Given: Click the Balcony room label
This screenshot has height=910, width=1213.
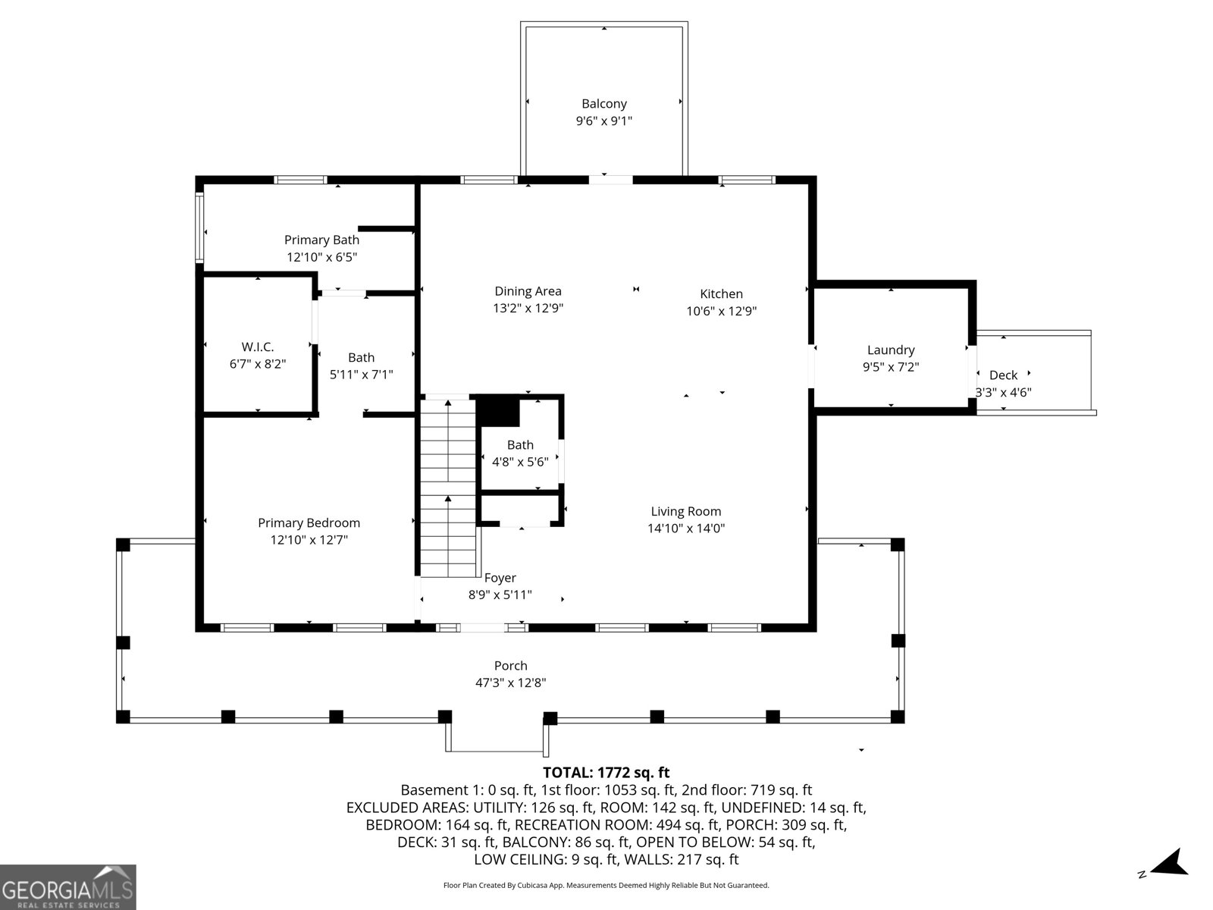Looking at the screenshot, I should coord(604,104).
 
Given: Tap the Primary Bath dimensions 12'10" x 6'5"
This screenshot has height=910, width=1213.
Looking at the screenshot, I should coord(321,257).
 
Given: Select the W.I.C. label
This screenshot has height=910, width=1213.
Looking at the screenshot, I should coord(258,347).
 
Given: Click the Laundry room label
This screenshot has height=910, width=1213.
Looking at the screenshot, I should coord(891,350).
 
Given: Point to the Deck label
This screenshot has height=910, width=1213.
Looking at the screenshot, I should coord(1003,375).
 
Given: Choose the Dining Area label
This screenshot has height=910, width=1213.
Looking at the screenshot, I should coord(528,291).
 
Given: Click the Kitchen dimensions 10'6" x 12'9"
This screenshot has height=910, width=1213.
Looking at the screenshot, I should coord(721,311).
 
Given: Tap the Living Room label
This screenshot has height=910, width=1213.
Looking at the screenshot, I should coord(685,511).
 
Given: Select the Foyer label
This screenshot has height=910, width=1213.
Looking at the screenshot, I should coord(500,578).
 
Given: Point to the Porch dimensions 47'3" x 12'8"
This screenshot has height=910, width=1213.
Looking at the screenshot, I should coord(510,682).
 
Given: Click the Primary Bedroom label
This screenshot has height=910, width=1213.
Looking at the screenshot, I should coord(309,522).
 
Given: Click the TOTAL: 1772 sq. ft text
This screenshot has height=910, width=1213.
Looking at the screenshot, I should coord(606,773).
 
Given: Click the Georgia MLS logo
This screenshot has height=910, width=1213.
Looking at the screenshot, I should coord(67,886).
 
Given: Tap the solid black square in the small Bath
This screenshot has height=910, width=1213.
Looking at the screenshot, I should coord(497,412).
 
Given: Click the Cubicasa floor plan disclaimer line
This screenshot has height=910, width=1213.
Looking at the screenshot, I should coord(606,885).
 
